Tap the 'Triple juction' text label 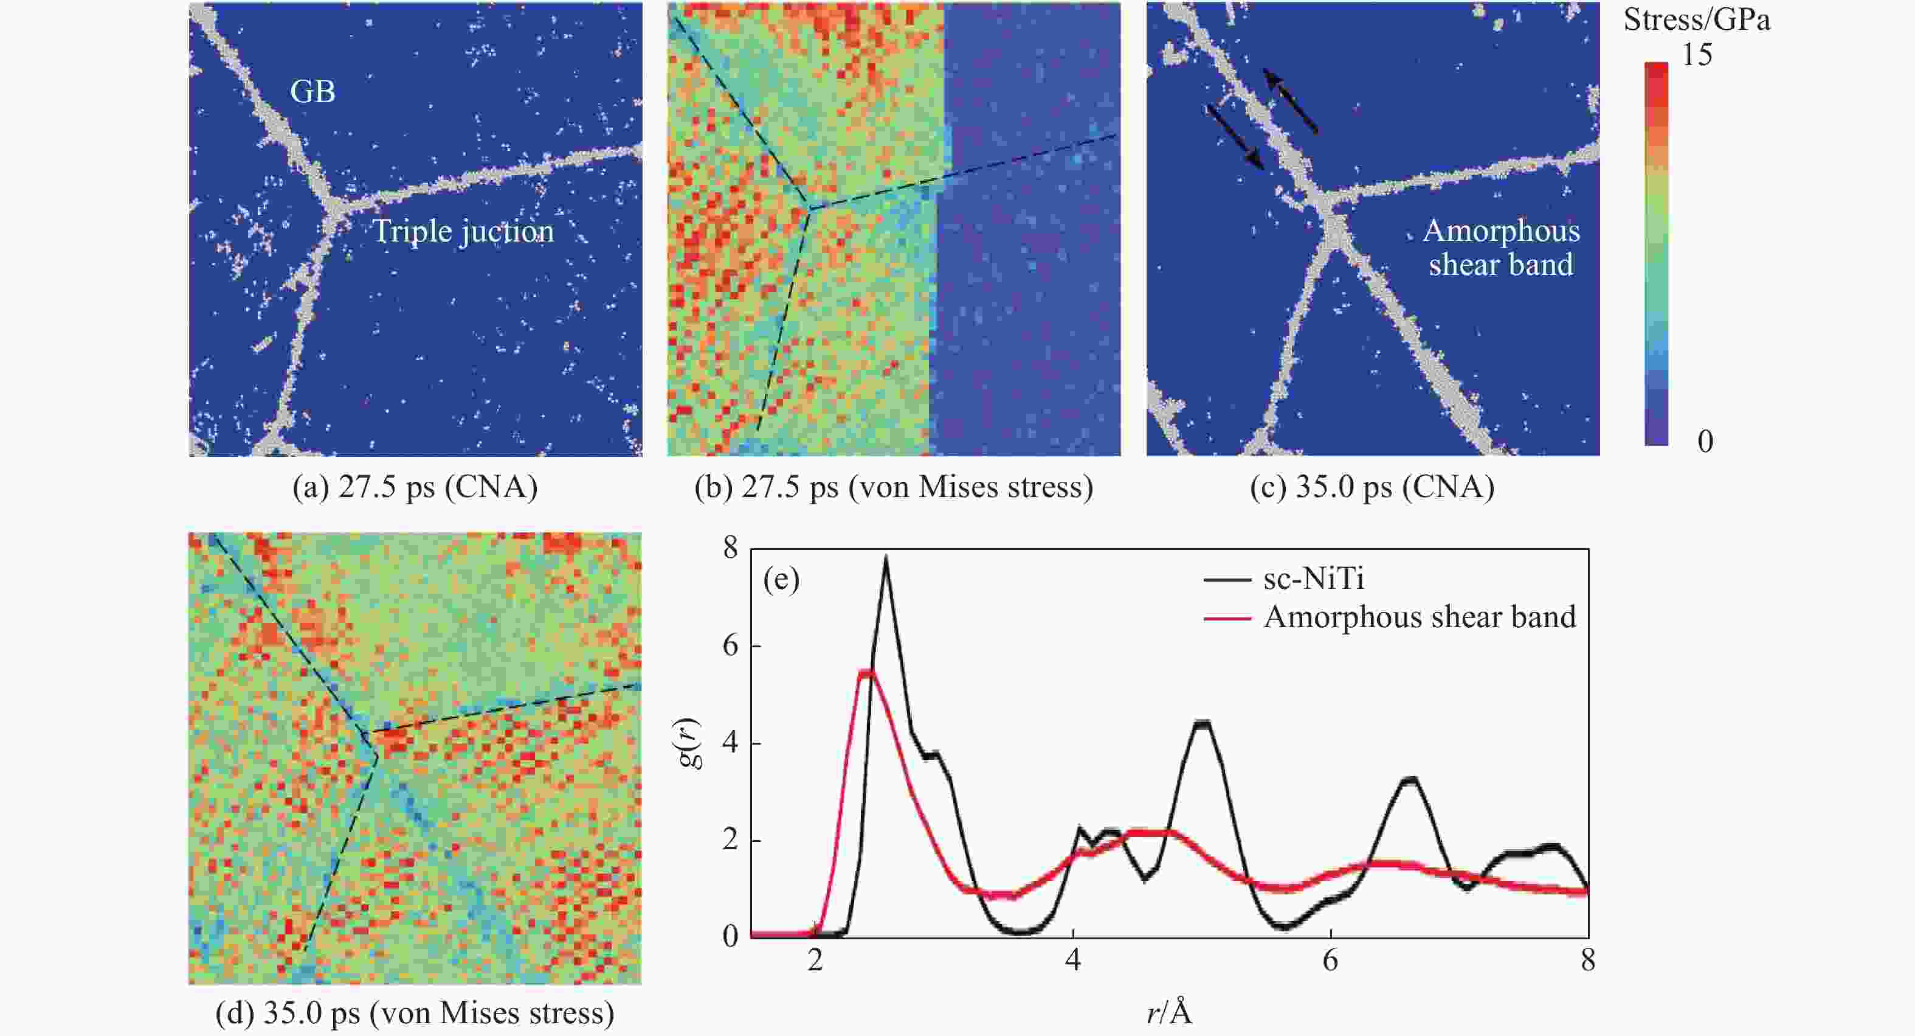463,231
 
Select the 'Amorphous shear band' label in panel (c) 1501,248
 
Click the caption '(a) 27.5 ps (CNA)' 415,487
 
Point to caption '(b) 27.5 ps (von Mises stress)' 894,487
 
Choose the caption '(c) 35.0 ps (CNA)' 1372,487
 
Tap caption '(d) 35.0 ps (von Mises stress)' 415,1013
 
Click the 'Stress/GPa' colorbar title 1696,20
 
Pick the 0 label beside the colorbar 1705,442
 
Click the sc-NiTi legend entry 1314,579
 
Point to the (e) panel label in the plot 781,579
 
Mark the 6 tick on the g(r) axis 731,645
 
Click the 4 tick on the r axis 1073,961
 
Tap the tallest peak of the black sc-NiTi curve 885,558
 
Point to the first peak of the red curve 867,673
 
